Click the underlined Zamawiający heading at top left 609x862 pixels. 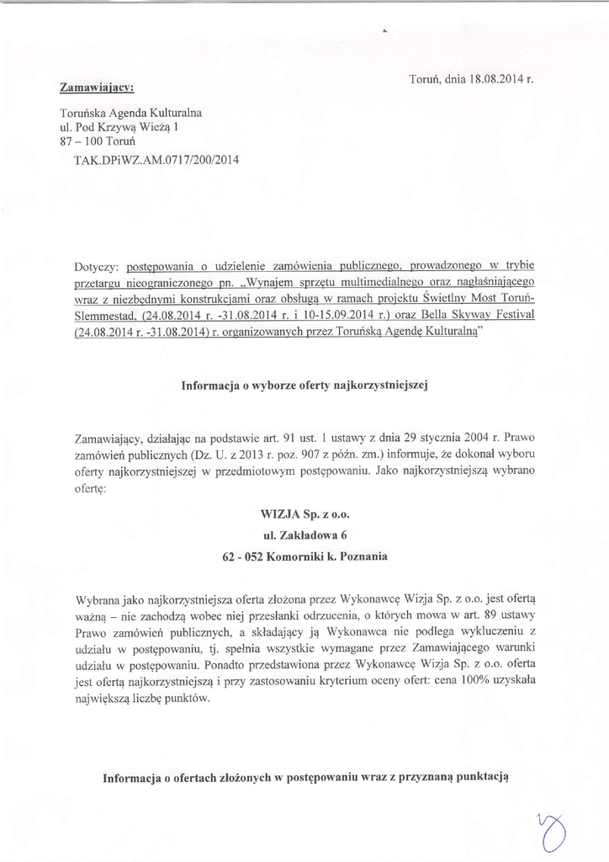[x=97, y=87]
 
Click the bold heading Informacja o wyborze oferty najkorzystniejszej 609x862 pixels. [x=305, y=386]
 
